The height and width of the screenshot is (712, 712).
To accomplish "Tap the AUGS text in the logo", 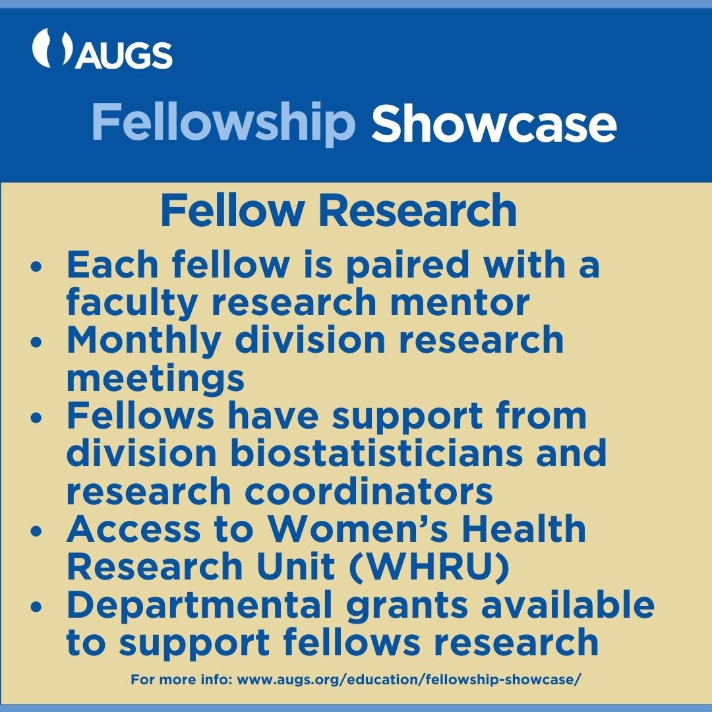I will tap(124, 55).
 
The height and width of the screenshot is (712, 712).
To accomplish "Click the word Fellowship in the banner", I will tap(223, 124).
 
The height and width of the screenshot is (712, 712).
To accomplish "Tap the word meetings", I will tap(156, 379).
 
